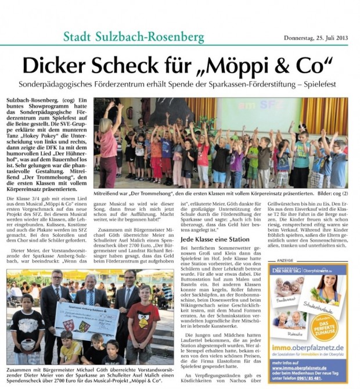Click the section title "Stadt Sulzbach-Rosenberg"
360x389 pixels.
pos(134,38)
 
